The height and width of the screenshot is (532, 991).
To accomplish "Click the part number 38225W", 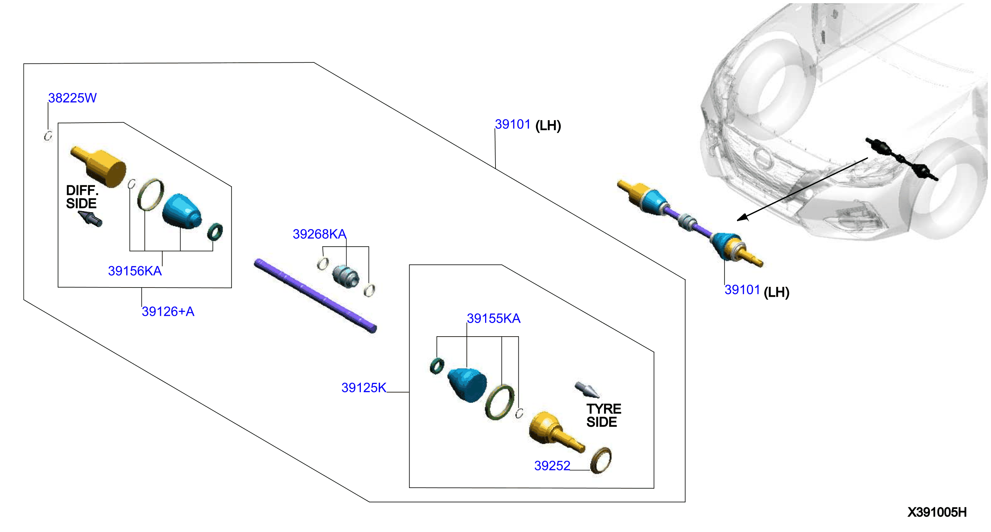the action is click(x=72, y=98).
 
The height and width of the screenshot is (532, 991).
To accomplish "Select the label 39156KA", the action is click(x=135, y=271).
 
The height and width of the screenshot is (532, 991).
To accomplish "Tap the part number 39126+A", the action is click(x=168, y=312).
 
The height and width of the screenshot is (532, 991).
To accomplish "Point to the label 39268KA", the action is click(x=319, y=234).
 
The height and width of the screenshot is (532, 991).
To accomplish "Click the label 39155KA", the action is click(x=494, y=318).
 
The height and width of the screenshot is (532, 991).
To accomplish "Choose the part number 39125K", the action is click(x=364, y=388).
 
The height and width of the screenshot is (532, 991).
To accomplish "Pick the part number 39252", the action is click(x=552, y=466).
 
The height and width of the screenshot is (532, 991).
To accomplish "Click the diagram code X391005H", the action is click(x=937, y=512).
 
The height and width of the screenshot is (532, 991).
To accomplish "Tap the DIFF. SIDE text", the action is click(x=82, y=197).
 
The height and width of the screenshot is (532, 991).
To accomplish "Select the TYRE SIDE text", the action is click(x=604, y=415).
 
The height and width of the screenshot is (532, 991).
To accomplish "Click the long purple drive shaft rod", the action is click(x=315, y=295).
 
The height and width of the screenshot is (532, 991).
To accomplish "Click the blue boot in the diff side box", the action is click(x=182, y=212).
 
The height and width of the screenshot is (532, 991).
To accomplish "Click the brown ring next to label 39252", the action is click(x=600, y=460).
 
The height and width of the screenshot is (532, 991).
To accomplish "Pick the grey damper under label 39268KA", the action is click(x=345, y=276).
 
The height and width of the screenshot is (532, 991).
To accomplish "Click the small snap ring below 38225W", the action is click(x=48, y=136).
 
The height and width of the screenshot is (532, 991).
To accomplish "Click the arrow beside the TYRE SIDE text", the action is click(x=586, y=390).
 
